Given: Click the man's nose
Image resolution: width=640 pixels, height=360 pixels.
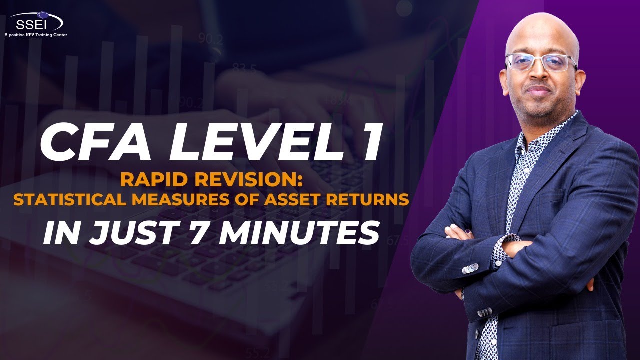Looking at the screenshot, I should tap(538, 75).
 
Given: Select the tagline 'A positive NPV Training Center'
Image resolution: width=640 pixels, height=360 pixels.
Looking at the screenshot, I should tap(35, 35).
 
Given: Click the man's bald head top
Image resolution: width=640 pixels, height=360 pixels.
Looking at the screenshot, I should tap(542, 27).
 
